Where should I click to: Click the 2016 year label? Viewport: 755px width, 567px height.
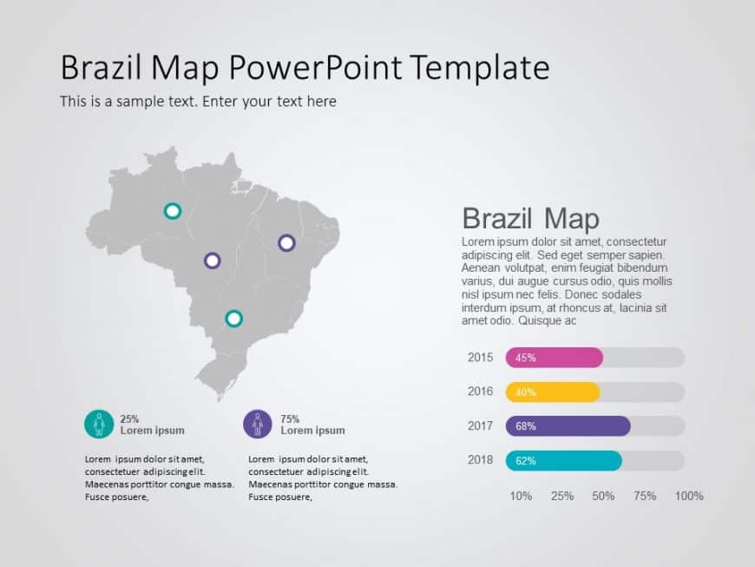(x=480, y=392)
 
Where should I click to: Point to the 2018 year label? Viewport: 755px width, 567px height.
(x=480, y=460)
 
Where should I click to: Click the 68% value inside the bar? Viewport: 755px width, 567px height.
(x=526, y=426)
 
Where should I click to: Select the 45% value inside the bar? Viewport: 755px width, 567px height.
(x=526, y=358)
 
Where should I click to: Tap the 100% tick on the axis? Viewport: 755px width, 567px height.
(x=689, y=496)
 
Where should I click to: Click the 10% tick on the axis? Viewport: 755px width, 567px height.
(x=521, y=496)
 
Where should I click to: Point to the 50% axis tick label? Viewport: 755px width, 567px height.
(x=603, y=496)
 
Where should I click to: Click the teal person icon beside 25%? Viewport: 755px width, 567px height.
(x=99, y=424)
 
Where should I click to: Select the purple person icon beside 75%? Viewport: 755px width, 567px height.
(x=258, y=424)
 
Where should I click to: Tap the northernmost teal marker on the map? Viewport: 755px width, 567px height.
(x=173, y=210)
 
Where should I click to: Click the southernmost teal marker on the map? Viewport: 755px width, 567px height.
(x=233, y=319)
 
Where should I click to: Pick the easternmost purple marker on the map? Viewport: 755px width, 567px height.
(x=286, y=243)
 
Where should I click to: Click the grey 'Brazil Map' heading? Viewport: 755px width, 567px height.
(x=530, y=218)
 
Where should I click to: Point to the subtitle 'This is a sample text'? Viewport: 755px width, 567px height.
(x=130, y=102)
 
